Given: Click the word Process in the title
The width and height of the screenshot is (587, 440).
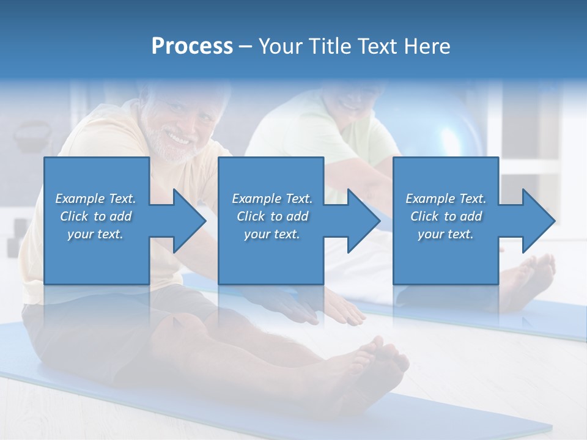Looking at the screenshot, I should (x=192, y=46).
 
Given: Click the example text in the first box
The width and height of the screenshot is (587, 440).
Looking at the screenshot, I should (x=95, y=216).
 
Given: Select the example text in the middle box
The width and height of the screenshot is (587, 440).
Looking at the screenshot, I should (x=272, y=216).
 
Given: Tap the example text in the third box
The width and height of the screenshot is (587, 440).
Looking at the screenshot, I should (x=446, y=216).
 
